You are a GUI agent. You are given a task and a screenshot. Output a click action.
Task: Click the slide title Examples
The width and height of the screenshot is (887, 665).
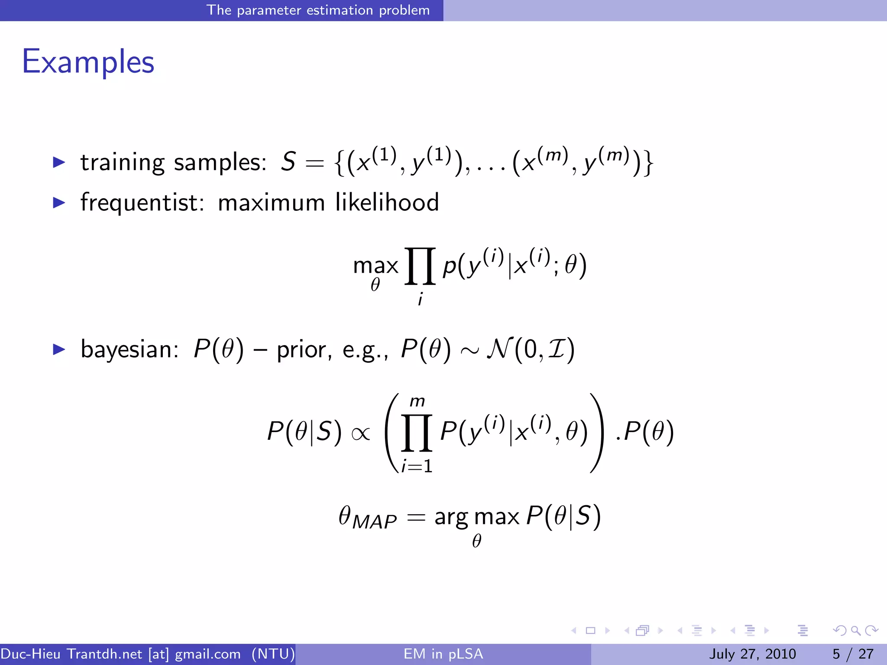88,62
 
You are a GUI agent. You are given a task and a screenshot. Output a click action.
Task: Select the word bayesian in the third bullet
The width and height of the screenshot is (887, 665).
129,349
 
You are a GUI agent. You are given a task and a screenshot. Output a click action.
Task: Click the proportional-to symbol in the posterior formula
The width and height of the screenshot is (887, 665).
361,433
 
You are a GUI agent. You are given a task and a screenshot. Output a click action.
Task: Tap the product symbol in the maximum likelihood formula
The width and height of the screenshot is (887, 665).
419,266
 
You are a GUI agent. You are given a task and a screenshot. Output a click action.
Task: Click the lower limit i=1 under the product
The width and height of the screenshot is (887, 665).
417,466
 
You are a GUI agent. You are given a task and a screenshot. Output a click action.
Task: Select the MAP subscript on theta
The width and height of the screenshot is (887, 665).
374,522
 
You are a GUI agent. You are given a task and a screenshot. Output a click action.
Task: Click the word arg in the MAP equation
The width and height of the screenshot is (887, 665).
451,517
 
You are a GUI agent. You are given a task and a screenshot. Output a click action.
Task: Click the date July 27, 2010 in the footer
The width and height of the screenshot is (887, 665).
752,654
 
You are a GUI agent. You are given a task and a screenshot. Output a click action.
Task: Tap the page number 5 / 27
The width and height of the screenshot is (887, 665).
853,654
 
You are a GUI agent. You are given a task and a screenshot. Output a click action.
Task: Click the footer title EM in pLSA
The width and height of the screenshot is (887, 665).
443,654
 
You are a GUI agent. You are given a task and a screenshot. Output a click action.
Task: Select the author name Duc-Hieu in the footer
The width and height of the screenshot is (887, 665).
30,654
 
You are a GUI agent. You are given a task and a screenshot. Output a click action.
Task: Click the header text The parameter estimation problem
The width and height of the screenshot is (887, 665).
318,10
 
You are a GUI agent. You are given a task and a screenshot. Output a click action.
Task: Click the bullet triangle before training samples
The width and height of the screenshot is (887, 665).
58,163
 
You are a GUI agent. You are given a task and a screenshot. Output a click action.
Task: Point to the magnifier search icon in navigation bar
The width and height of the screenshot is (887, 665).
855,630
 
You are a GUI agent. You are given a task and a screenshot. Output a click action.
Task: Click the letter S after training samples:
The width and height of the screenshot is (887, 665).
288,162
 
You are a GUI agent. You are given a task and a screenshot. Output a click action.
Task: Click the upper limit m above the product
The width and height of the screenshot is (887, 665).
417,401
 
